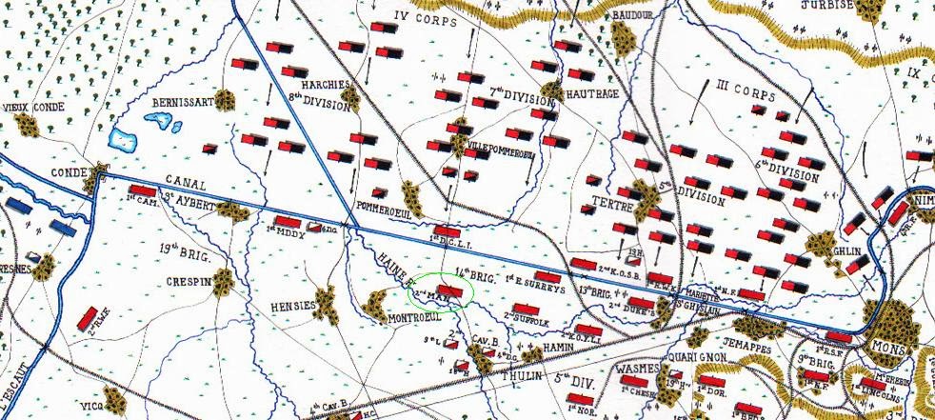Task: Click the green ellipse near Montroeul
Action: [x=438, y=291]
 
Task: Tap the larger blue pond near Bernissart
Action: [x=124, y=140]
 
